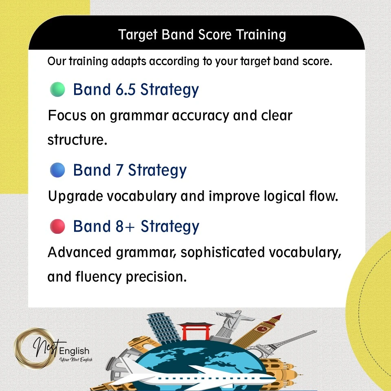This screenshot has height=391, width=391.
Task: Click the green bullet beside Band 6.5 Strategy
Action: pyautogui.click(x=57, y=89)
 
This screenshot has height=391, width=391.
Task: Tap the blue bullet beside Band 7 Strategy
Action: pyautogui.click(x=57, y=170)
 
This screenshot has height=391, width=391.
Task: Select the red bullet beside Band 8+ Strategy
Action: pyautogui.click(x=57, y=226)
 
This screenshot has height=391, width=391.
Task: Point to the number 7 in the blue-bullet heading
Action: pyautogui.click(x=119, y=170)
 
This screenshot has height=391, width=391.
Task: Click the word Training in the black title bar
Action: pyautogui.click(x=261, y=35)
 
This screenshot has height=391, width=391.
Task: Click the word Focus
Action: pyautogui.click(x=67, y=115)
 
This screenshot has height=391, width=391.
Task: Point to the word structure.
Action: pyautogui.click(x=77, y=140)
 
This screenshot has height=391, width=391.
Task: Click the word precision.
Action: pyautogui.click(x=156, y=277)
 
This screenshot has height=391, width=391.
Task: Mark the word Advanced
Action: pyautogui.click(x=79, y=253)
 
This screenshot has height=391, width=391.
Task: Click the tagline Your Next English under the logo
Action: pyautogui.click(x=76, y=360)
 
